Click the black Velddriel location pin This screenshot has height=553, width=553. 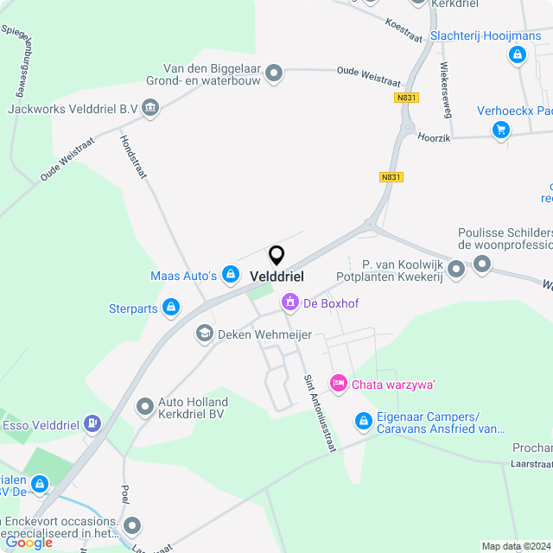tap(276, 256)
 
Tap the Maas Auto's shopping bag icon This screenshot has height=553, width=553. tap(231, 275)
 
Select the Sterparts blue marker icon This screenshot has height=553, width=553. tap(171, 308)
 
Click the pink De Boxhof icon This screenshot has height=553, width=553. tap(289, 302)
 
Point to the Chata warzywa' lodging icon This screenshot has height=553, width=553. tap(338, 383)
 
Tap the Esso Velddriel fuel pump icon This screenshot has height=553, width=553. tap(93, 424)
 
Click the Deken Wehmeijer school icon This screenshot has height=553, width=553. tap(205, 334)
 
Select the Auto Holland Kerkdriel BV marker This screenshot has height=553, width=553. tap(144, 406)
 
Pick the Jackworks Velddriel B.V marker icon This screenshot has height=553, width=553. tap(151, 108)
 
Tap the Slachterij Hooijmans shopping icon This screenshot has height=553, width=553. tap(517, 55)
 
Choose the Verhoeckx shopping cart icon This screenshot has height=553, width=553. tap(500, 130)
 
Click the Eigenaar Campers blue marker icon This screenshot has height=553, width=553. tap(364, 421)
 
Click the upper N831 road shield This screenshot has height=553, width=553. tap(405, 98)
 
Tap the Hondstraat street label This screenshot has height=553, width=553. tap(133, 156)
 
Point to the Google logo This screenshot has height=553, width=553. tap(29, 542)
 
